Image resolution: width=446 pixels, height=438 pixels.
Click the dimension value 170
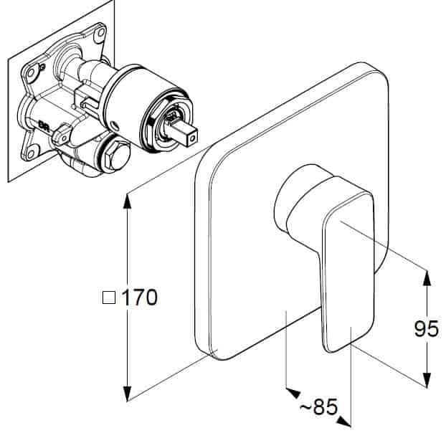(x=140, y=297)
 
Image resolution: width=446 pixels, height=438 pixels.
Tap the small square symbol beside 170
(x=109, y=297)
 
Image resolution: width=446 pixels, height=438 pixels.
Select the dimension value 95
(x=427, y=328)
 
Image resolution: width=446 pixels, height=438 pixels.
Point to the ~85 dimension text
(x=319, y=406)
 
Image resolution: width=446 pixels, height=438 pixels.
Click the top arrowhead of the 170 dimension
(x=128, y=201)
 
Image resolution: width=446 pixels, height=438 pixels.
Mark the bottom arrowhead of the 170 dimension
(x=128, y=394)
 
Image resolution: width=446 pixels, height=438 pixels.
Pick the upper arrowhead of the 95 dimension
(x=427, y=278)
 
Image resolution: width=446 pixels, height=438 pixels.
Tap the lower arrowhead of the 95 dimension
(x=427, y=380)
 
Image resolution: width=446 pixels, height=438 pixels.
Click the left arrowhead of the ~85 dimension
(x=293, y=393)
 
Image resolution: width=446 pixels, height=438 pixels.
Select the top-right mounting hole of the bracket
(x=100, y=32)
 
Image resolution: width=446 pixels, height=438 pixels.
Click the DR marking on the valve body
(x=44, y=125)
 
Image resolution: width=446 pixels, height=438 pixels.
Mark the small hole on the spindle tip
(x=194, y=139)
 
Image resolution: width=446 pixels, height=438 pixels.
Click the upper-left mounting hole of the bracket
(x=30, y=72)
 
